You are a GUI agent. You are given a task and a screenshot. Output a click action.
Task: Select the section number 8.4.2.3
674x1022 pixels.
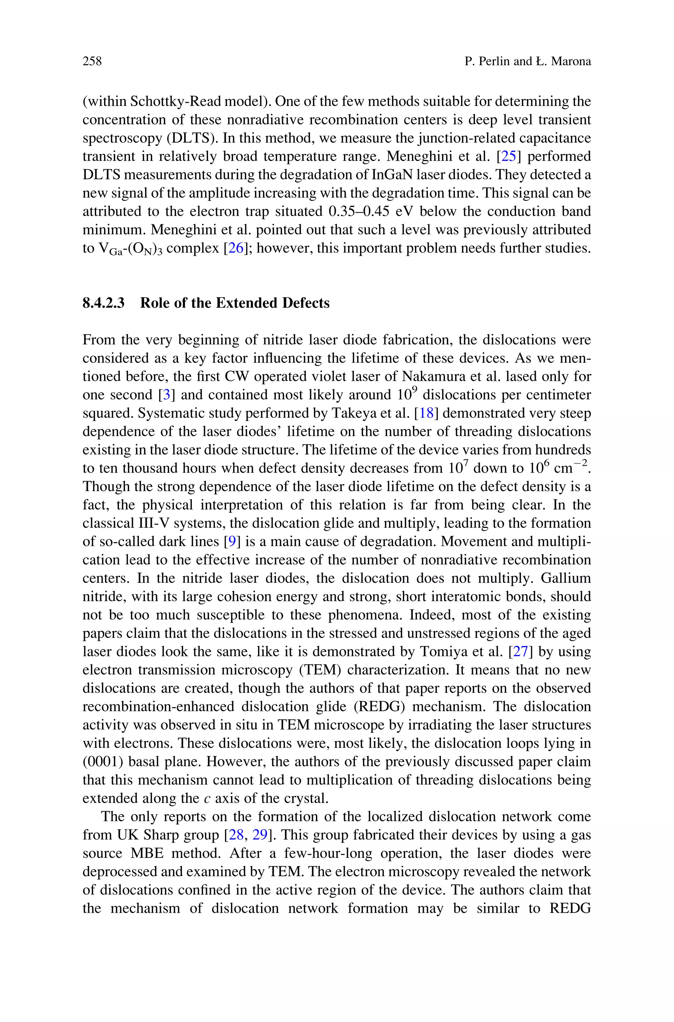[104, 303]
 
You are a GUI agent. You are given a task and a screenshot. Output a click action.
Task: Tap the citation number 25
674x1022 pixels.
[508, 156]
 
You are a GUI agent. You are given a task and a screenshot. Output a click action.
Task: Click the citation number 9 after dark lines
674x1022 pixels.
[232, 541]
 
